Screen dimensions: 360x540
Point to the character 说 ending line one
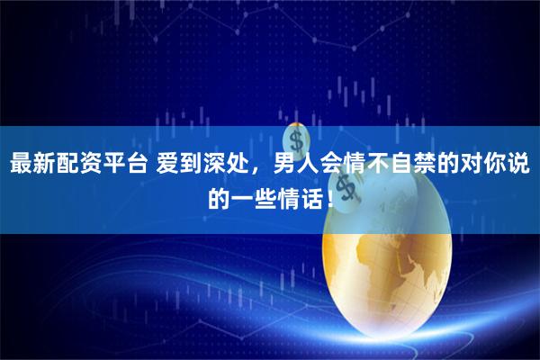click(518, 166)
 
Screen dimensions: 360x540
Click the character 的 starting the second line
click(219, 195)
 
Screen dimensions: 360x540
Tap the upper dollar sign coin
click(295, 139)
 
